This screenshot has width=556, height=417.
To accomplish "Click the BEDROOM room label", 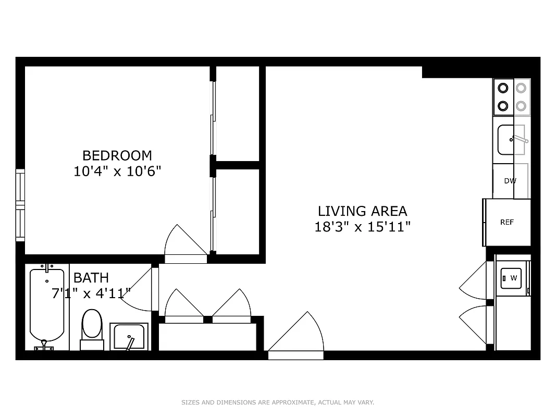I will tap(117, 155).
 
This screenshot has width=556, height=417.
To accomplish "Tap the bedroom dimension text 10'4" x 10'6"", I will tap(117, 171).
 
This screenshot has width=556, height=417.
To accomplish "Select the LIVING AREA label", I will tap(362, 211).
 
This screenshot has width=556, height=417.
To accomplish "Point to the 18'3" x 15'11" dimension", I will tap(362, 227).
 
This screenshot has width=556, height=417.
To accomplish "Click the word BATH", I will tap(91, 277).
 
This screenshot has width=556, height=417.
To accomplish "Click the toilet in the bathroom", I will tap(92, 325).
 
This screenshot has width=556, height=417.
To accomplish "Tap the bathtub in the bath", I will tap(47, 305).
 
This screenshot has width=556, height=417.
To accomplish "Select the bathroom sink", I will tap(129, 336).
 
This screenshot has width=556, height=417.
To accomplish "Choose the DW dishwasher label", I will tap(510, 181).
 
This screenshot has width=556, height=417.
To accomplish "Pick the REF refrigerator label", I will tap(507, 222).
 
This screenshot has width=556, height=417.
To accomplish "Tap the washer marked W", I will tap(512, 278).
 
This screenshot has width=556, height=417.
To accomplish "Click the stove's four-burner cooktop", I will tap(511, 97).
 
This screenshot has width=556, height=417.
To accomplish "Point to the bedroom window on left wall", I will tap(20, 205).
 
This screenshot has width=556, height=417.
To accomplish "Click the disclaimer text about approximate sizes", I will tap(278, 402).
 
